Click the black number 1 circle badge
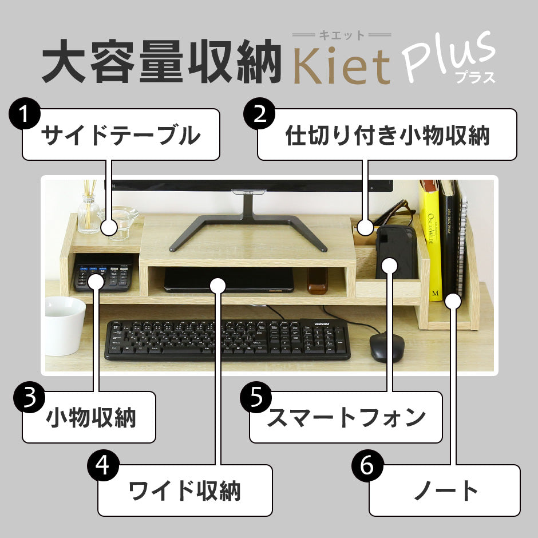pyautogui.click(x=25, y=114)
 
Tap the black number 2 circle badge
pyautogui.click(x=259, y=114)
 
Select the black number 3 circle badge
pyautogui.click(x=30, y=397)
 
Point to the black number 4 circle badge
pyautogui.click(x=103, y=466)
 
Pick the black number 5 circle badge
pyautogui.click(x=256, y=397)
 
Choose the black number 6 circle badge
pyautogui.click(x=367, y=466)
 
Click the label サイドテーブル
pyautogui.click(x=121, y=135)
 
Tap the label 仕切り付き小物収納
pyautogui.click(x=387, y=135)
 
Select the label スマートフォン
pyautogui.click(x=346, y=418)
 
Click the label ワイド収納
pyautogui.click(x=185, y=490)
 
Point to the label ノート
pyautogui.click(x=446, y=490)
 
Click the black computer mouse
pyautogui.click(x=387, y=346)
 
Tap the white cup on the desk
pyautogui.click(x=65, y=326)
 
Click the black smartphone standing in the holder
pyautogui.click(x=396, y=252)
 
